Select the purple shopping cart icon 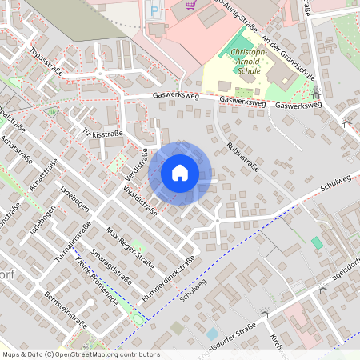pyautogui.click(x=190, y=4)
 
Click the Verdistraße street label pyautogui.click(x=138, y=163)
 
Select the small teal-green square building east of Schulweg pyautogui.click(x=318, y=242)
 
